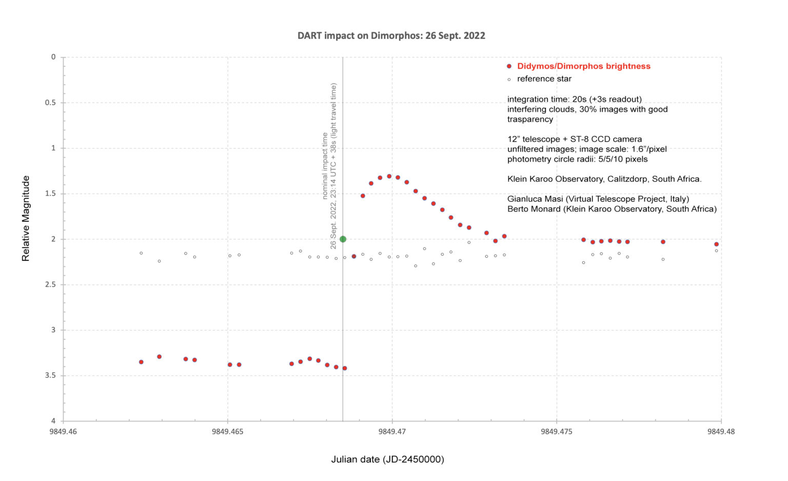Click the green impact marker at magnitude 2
[x=343, y=239]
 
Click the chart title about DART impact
[x=391, y=36]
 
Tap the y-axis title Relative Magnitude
[x=26, y=219]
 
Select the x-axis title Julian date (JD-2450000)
[x=387, y=459]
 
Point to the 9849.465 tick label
[x=227, y=432]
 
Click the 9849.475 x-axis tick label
[x=556, y=432]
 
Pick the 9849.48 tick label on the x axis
[x=720, y=432]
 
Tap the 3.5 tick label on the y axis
[x=50, y=376]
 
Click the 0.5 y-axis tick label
[x=50, y=103]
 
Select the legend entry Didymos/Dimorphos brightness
[x=583, y=66]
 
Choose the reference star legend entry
[x=544, y=79]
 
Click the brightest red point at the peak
[x=389, y=176]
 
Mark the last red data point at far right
[x=716, y=244]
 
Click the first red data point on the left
[x=141, y=362]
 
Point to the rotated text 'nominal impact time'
[x=325, y=166]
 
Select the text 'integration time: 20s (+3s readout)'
[x=574, y=99]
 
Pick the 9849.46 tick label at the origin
[x=63, y=432]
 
